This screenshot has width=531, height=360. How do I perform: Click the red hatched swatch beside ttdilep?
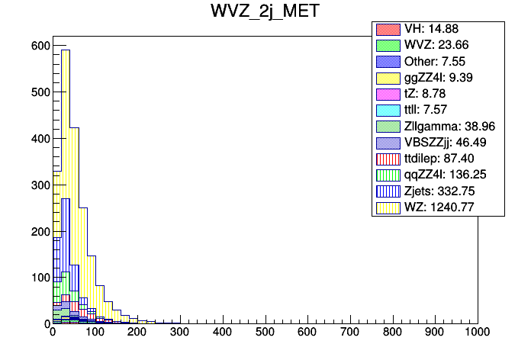click(388, 159)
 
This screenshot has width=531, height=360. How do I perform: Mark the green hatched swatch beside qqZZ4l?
click(388, 175)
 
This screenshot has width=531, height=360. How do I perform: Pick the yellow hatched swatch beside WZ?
click(388, 207)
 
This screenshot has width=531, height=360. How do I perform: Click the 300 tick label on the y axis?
click(40, 185)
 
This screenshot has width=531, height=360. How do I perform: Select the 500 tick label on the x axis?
click(265, 333)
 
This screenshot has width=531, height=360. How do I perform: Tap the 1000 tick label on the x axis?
click(478, 333)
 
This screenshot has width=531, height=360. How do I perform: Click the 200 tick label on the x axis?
click(137, 333)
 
